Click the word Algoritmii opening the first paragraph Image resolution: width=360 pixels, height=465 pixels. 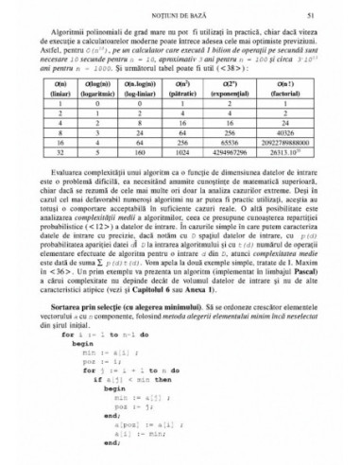click(76, 32)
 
